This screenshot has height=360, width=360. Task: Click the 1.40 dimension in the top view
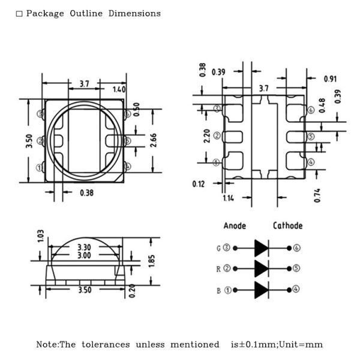click(x=119, y=89)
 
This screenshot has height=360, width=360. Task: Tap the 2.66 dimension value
click(x=153, y=140)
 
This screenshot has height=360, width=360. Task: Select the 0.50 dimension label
click(x=136, y=110)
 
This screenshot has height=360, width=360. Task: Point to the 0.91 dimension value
click(x=330, y=79)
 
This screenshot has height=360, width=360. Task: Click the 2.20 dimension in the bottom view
click(x=207, y=136)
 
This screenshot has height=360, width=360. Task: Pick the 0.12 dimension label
click(x=199, y=184)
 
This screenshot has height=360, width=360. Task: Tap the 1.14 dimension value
click(x=229, y=198)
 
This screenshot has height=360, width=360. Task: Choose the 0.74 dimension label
click(x=317, y=196)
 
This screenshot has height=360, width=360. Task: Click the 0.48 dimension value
click(x=322, y=106)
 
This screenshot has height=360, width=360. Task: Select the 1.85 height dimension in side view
click(x=152, y=261)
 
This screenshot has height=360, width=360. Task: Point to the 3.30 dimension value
click(x=84, y=247)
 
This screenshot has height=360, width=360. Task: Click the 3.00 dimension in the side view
click(x=84, y=255)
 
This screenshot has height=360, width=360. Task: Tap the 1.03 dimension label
click(x=40, y=236)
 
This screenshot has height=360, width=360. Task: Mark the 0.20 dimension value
click(x=132, y=291)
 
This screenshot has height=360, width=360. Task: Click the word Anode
click(x=235, y=226)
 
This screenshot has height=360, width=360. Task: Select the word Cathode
click(x=287, y=226)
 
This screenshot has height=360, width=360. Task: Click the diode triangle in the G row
click(x=261, y=248)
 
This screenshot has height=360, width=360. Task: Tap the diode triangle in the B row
click(x=261, y=290)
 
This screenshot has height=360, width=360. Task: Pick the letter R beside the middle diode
click(x=218, y=269)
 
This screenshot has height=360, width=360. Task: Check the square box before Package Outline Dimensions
click(x=19, y=14)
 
